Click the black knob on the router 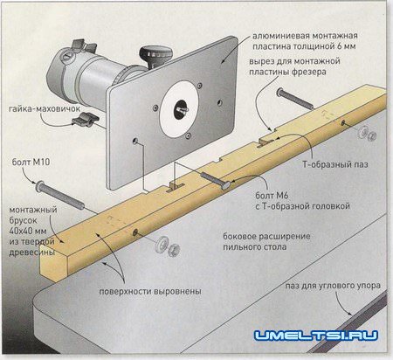coord(155,56)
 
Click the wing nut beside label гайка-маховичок coord(86,119)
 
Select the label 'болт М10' coord(31,162)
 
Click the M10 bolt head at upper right coord(279,93)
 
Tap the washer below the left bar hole coord(161,244)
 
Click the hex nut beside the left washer coord(174,250)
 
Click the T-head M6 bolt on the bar coord(216,181)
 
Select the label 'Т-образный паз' coord(335,164)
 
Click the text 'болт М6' coord(272,195)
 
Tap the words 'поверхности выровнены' coord(150,291)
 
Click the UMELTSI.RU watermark coord(316,336)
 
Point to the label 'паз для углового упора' coord(333,286)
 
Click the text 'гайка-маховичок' coord(45,109)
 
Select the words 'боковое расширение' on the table coord(266,236)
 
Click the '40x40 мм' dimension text coord(28,232)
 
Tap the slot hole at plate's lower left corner coord(135,142)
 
